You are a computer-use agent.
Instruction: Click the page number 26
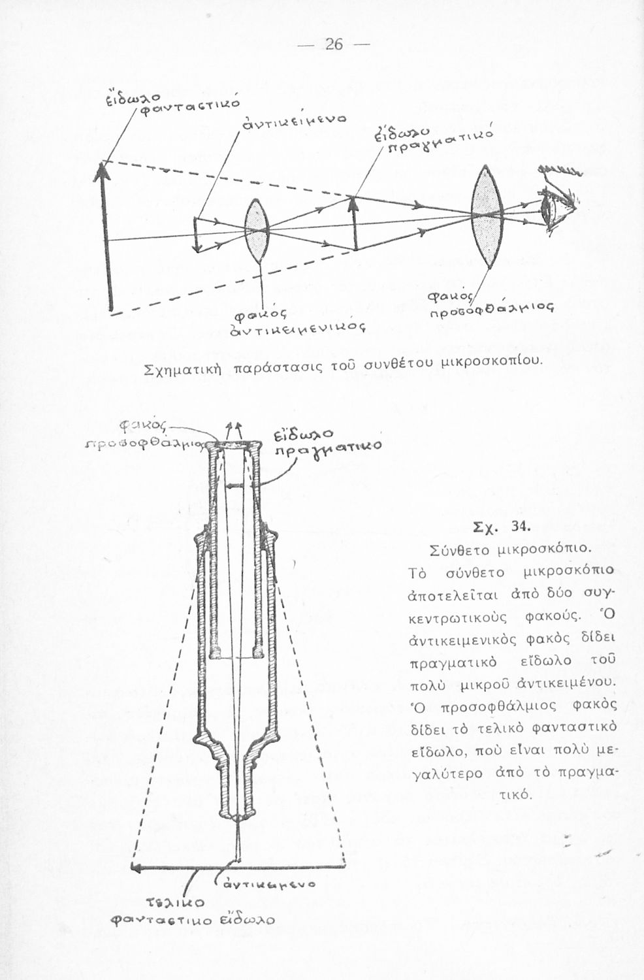click(x=334, y=44)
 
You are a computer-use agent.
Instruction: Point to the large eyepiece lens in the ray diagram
click(x=486, y=215)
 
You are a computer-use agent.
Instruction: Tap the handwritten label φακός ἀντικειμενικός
click(x=293, y=324)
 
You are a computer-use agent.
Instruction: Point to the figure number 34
click(x=521, y=526)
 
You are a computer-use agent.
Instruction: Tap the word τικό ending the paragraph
click(x=516, y=796)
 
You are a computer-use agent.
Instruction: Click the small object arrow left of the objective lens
click(x=195, y=235)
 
